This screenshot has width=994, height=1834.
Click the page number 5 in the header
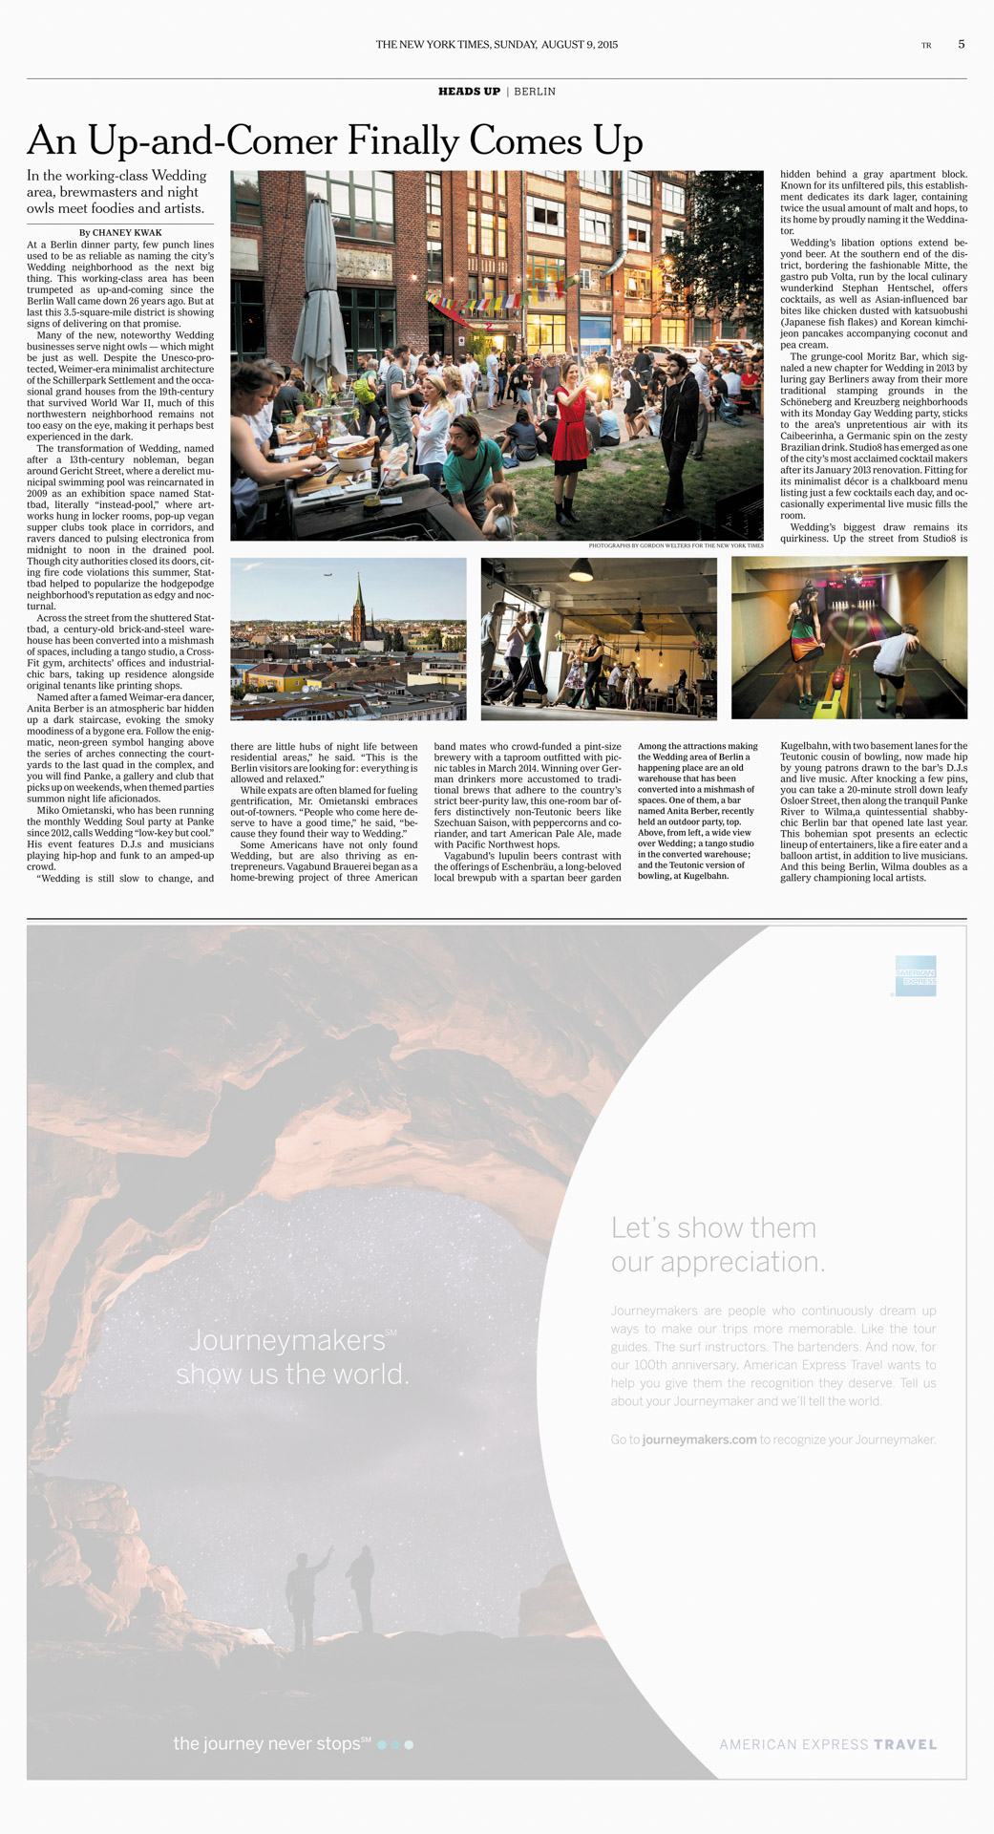[961, 44]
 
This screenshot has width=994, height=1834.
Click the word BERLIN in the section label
[535, 92]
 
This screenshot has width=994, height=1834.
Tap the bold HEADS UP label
[469, 92]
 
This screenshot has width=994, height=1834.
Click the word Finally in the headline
[403, 141]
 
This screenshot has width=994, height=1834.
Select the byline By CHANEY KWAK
[120, 232]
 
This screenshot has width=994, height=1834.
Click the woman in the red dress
[571, 430]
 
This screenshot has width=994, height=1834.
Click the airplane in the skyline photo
[328, 574]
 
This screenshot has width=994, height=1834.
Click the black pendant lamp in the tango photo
[581, 571]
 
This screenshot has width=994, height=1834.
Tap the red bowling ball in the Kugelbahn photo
[836, 677]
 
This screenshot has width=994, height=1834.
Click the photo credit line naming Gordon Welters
[675, 545]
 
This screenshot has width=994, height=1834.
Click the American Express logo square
[916, 975]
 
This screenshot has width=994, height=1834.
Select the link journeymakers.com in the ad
[699, 1439]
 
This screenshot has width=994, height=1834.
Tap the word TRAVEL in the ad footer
[905, 1744]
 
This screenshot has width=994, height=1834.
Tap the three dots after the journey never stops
[395, 1744]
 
